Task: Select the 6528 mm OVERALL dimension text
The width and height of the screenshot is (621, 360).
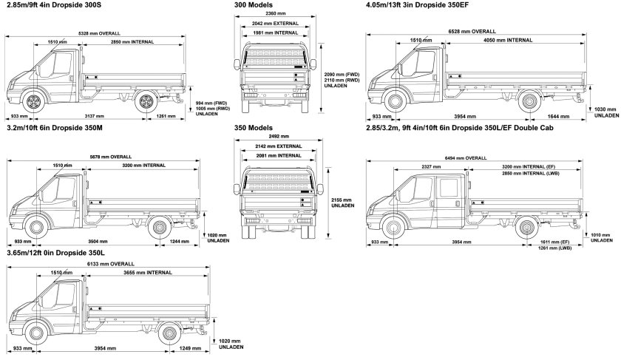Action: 472,32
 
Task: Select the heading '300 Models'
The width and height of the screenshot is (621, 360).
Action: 253,5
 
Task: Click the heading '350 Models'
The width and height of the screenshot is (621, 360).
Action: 253,127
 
